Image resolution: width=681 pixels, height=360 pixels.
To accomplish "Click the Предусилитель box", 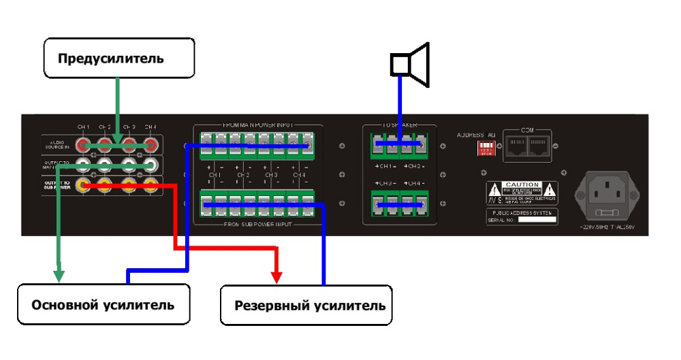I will (x=118, y=58).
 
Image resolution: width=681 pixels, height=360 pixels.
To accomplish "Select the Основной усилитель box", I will (x=103, y=304).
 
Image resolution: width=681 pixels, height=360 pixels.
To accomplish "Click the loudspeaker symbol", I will (x=410, y=65).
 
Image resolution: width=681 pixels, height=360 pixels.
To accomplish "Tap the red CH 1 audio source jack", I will (x=84, y=144).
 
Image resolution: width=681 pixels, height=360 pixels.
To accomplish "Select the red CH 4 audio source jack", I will (x=151, y=144).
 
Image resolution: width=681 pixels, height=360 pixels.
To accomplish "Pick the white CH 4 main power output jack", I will (x=151, y=164).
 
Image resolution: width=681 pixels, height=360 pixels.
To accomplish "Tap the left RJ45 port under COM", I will (x=518, y=146).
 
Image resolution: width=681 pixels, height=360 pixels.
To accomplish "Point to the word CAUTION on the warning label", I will (x=522, y=185).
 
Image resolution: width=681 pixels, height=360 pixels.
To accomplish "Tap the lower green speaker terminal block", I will (x=400, y=205).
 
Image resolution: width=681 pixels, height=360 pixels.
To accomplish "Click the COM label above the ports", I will (x=528, y=129).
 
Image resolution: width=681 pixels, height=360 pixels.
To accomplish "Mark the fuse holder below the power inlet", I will (x=607, y=213).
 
